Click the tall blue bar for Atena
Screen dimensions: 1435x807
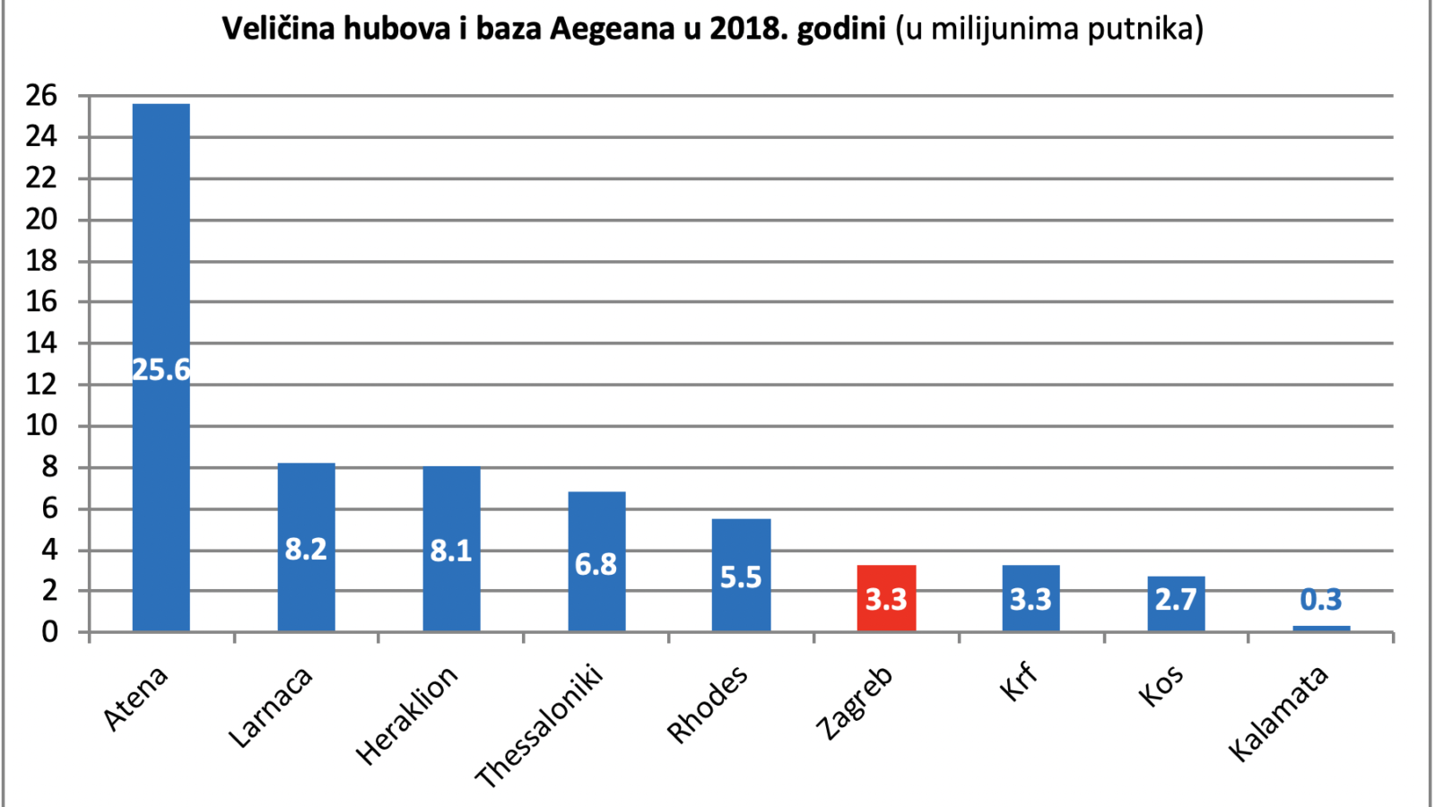coord(161,368)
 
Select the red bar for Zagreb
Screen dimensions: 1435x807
coord(887,598)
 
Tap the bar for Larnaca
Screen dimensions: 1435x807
coord(306,548)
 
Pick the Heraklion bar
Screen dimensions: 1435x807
coord(452,549)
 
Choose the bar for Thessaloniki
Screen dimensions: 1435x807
coord(596,561)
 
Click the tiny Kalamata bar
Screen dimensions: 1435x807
coord(1322,629)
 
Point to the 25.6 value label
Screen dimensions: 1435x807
coord(161,370)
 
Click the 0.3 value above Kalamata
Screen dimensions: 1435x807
coord(1321,600)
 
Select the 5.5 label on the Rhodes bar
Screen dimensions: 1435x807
coord(741,577)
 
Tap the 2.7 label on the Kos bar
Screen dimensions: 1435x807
coord(1176,600)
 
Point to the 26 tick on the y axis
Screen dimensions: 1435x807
coord(41,96)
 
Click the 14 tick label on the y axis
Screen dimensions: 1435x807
coord(41,343)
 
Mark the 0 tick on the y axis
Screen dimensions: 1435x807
coord(50,632)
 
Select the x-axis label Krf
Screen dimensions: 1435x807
coord(1019,683)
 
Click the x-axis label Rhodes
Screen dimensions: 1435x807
coord(708,705)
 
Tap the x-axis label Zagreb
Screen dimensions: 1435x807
coord(855,703)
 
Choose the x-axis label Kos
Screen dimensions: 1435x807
coord(1161,685)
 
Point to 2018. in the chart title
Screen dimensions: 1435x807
coord(749,28)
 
